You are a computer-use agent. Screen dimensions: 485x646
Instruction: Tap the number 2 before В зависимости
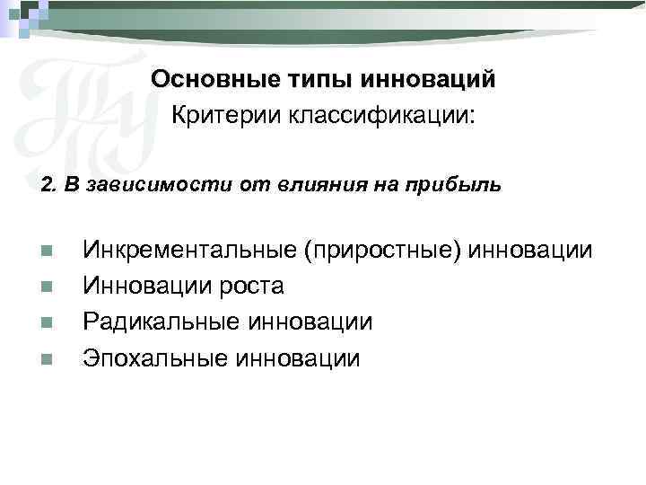coord(47,187)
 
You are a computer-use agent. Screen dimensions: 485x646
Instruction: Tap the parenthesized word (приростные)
coord(382,250)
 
